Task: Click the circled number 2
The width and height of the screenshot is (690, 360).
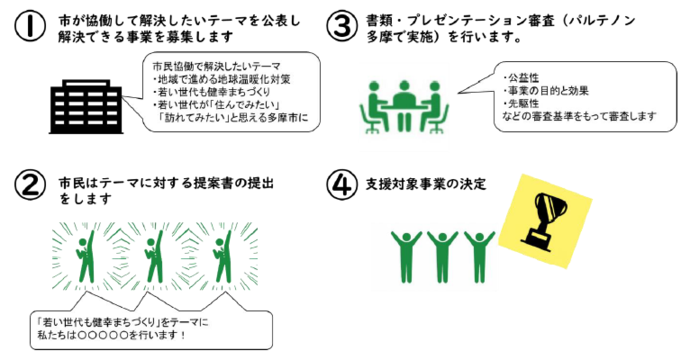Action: point(32,186)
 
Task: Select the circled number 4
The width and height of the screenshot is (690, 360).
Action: point(343,186)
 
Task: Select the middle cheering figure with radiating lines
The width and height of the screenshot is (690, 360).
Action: point(153,261)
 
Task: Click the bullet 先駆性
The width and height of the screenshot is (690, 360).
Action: point(525,103)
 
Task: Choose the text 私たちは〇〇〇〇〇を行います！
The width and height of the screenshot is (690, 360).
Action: point(111,335)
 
